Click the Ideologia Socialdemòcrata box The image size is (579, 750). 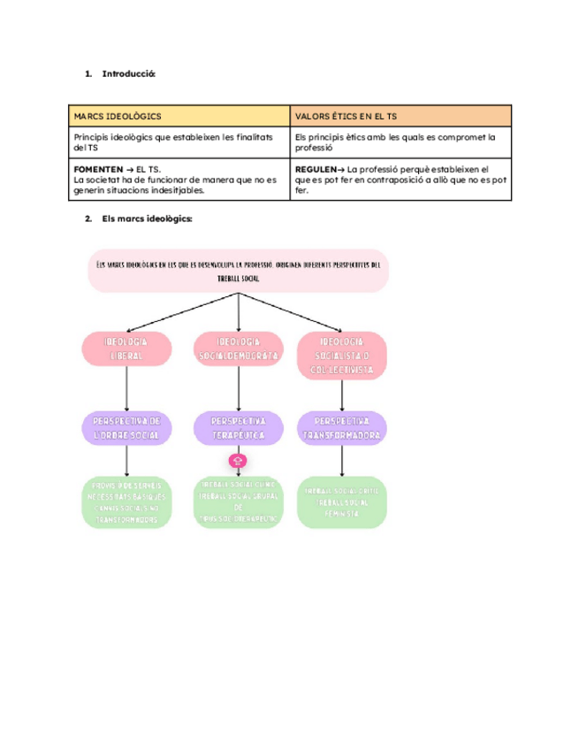239,348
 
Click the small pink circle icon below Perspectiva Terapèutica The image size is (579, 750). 238,461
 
